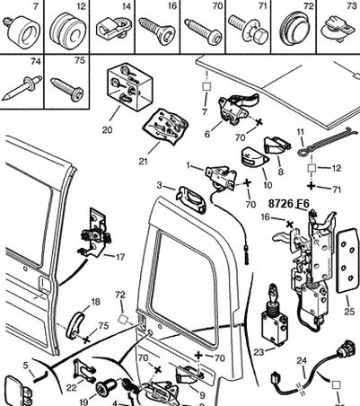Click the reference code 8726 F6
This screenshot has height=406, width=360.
288,204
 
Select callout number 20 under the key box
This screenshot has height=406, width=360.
107,130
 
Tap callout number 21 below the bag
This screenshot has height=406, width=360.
143,161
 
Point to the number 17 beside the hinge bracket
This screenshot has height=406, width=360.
120,257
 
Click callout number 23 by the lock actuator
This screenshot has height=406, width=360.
259,352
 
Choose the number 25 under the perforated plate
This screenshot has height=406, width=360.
349,312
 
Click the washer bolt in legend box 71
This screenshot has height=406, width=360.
249,29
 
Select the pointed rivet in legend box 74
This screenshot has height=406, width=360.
22,88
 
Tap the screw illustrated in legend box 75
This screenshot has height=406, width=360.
67,89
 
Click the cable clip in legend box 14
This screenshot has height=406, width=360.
112,28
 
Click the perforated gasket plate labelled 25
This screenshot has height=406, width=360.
347,260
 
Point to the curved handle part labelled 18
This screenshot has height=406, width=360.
75,326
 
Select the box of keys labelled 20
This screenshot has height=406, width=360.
130,87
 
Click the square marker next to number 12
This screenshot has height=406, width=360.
312,168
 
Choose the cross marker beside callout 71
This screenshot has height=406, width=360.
312,186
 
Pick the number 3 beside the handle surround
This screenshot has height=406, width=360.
159,186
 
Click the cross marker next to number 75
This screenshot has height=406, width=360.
86,340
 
